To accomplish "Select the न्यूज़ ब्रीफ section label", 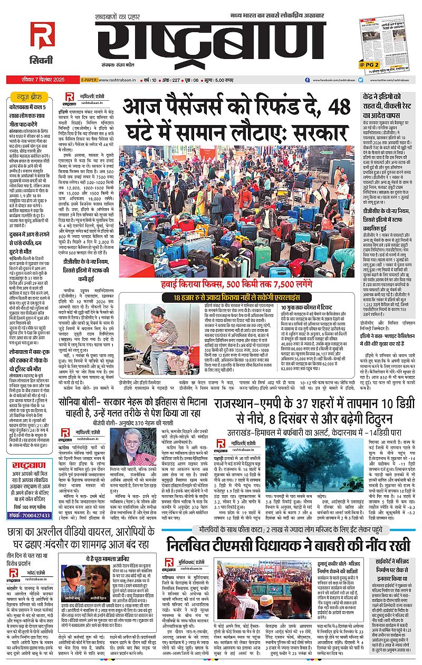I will [28, 98].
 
